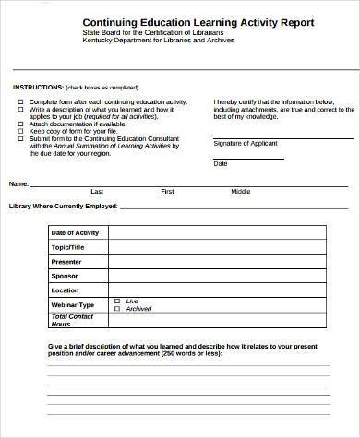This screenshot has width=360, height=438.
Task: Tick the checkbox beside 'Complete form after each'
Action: [20, 100]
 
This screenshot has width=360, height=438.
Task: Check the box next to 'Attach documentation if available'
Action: [20, 124]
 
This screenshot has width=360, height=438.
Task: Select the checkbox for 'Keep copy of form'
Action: [20, 131]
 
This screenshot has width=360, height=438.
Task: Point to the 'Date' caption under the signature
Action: [221, 163]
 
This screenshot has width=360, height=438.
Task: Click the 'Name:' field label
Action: [19, 183]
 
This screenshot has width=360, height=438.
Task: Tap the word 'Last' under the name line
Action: [97, 191]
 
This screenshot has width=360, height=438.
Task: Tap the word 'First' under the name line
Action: [168, 191]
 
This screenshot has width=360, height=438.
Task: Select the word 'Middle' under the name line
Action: [240, 191]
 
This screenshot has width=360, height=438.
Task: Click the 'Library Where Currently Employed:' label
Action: [63, 206]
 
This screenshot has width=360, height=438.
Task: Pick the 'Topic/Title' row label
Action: [68, 247]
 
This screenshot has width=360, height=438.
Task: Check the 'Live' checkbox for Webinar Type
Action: [116, 301]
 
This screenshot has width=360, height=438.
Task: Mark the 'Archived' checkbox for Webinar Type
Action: [116, 309]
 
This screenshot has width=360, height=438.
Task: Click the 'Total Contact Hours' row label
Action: [74, 321]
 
